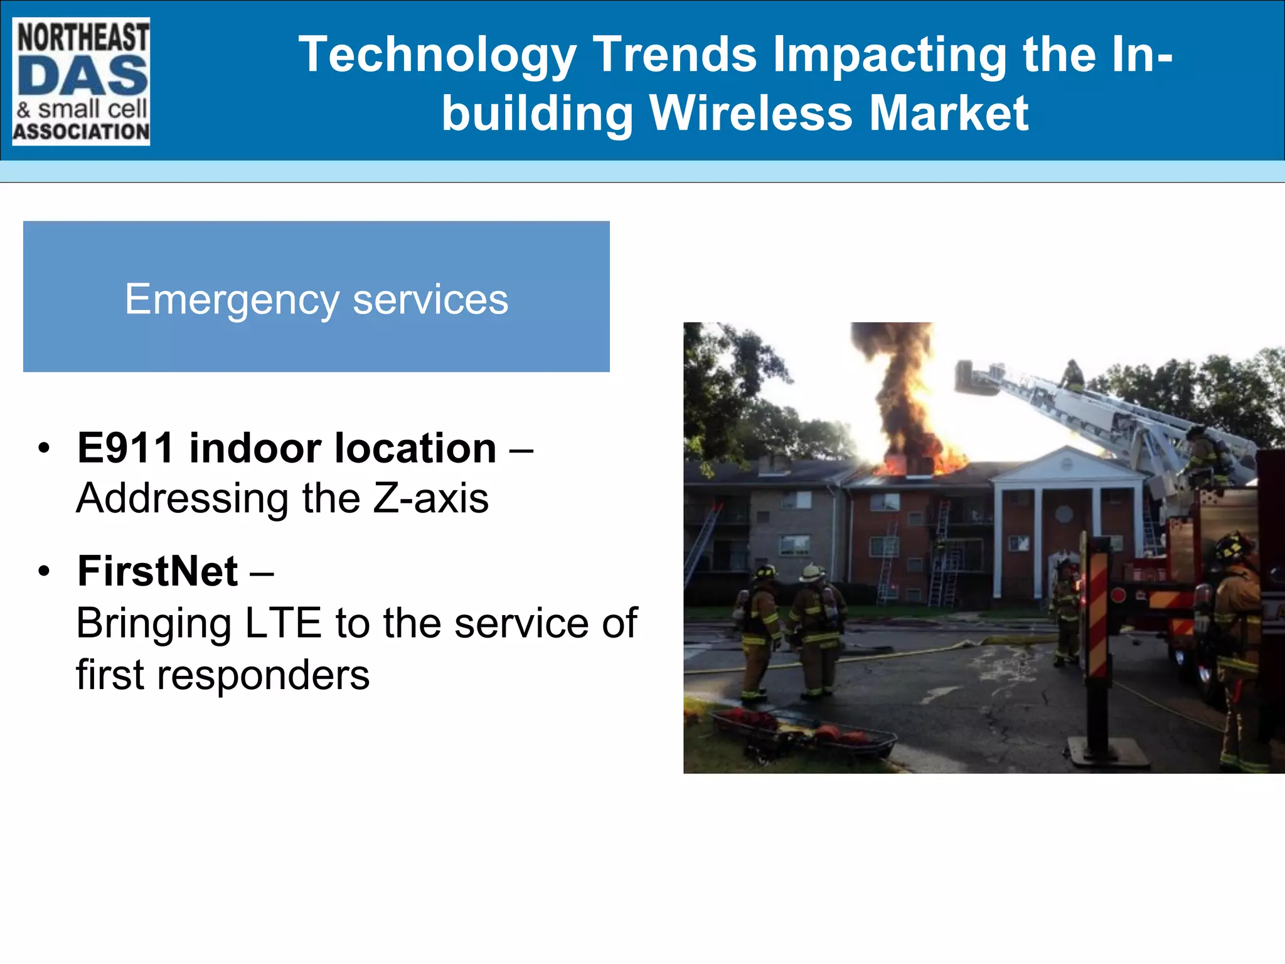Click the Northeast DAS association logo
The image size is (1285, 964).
point(81,82)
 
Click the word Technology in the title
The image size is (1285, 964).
point(437,55)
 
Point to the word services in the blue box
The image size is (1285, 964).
point(430,300)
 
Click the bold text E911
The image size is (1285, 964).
point(125,449)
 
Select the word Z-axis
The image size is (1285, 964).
point(430,499)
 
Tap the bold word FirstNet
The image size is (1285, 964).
point(157,572)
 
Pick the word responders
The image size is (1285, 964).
point(263,675)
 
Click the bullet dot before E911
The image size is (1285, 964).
point(43,449)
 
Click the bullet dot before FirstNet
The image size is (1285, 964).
point(43,572)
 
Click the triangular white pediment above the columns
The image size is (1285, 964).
point(1067,465)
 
